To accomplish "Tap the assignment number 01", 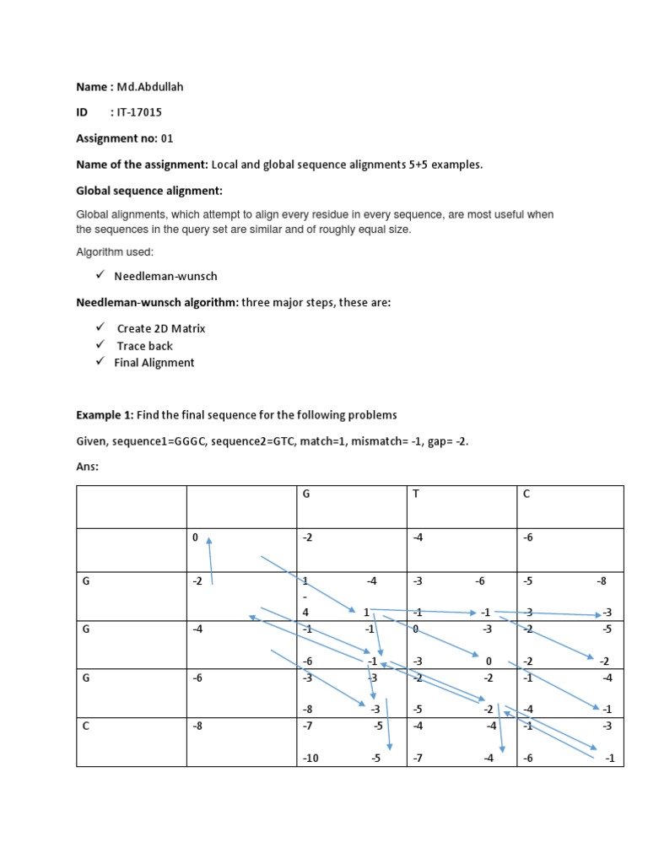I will [x=166, y=138].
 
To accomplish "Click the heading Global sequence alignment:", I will [x=149, y=191].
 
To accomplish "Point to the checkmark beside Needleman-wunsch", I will [x=99, y=275].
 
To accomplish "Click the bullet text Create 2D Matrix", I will [x=161, y=328].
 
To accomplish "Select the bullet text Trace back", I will [x=145, y=346].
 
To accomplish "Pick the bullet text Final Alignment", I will [x=154, y=363].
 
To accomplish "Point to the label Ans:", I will [x=88, y=467].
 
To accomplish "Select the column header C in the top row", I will [x=526, y=494].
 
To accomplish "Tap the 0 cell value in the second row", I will [x=195, y=537].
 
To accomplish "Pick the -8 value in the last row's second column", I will [x=197, y=726].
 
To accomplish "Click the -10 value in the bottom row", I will [x=311, y=758].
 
